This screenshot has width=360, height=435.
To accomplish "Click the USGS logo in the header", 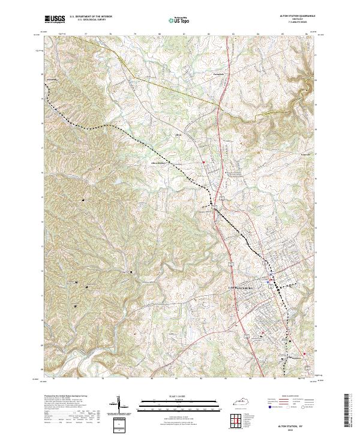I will (x=55, y=19).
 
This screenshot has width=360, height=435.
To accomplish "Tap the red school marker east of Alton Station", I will (x=204, y=163).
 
